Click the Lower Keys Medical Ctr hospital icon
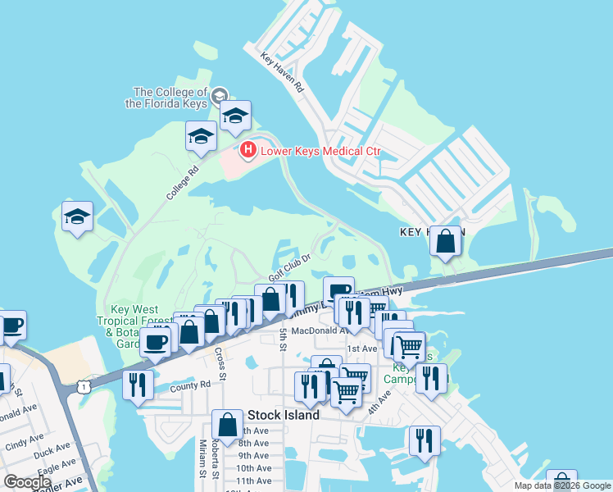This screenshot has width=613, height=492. tap(247, 150)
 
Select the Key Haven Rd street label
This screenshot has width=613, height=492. tap(283, 72)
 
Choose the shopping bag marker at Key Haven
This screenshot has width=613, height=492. tap(445, 242)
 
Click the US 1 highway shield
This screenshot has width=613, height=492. tap(84, 385)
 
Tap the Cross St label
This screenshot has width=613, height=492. tap(220, 358)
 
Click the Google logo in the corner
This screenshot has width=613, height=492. tap(27, 482)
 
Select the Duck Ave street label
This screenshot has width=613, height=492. tap(53, 450)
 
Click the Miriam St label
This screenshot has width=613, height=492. tap(202, 458)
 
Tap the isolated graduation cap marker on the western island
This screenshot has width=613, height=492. tap(77, 218)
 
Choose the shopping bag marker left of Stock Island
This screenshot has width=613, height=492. tap(227, 426)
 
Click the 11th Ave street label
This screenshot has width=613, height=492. tap(253, 481)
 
